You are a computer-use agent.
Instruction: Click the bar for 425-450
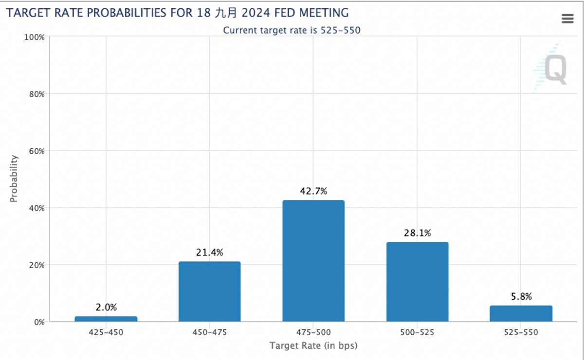106,319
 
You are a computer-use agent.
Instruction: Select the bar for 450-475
209,291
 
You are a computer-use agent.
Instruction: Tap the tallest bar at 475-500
313,261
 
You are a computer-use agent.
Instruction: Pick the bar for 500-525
417,282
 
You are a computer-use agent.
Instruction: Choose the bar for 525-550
521,314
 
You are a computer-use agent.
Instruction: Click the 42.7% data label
313,191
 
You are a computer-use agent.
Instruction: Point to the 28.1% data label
418,233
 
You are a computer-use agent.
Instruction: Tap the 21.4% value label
210,252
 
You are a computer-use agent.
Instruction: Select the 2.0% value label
106,307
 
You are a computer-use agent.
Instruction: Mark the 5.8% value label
521,296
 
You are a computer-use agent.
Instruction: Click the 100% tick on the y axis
35,37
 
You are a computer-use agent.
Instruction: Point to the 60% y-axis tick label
37,151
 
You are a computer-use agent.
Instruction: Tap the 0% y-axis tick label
39,322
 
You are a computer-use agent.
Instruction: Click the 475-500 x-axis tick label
313,332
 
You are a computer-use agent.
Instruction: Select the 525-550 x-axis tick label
521,332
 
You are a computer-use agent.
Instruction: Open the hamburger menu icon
567,18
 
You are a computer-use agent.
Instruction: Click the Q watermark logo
556,69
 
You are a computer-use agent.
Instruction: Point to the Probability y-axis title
14,179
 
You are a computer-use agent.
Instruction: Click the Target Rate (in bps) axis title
313,346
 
